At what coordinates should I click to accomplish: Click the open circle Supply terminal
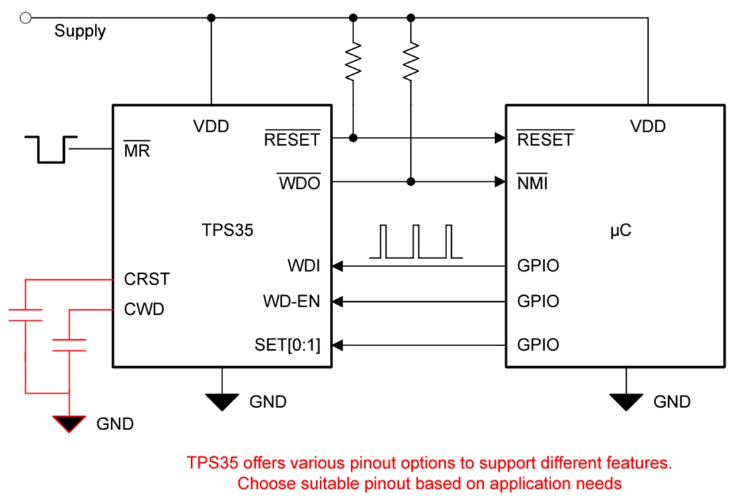point(26,18)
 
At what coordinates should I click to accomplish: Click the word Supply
point(80,31)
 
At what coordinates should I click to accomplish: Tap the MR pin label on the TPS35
point(136,150)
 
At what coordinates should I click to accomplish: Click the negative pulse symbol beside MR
point(51,149)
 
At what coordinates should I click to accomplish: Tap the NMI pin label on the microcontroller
point(532,182)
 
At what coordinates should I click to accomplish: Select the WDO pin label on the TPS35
point(299,182)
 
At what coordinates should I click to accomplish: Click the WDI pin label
point(303,266)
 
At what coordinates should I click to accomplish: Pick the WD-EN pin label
point(291,301)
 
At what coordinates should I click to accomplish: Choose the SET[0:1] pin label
point(287,345)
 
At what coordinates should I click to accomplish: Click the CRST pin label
point(147,279)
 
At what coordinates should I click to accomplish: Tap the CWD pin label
point(144,309)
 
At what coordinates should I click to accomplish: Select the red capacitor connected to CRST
point(25,315)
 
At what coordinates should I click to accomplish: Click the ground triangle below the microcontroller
point(626,401)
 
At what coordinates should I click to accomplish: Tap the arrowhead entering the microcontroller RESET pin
point(499,138)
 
